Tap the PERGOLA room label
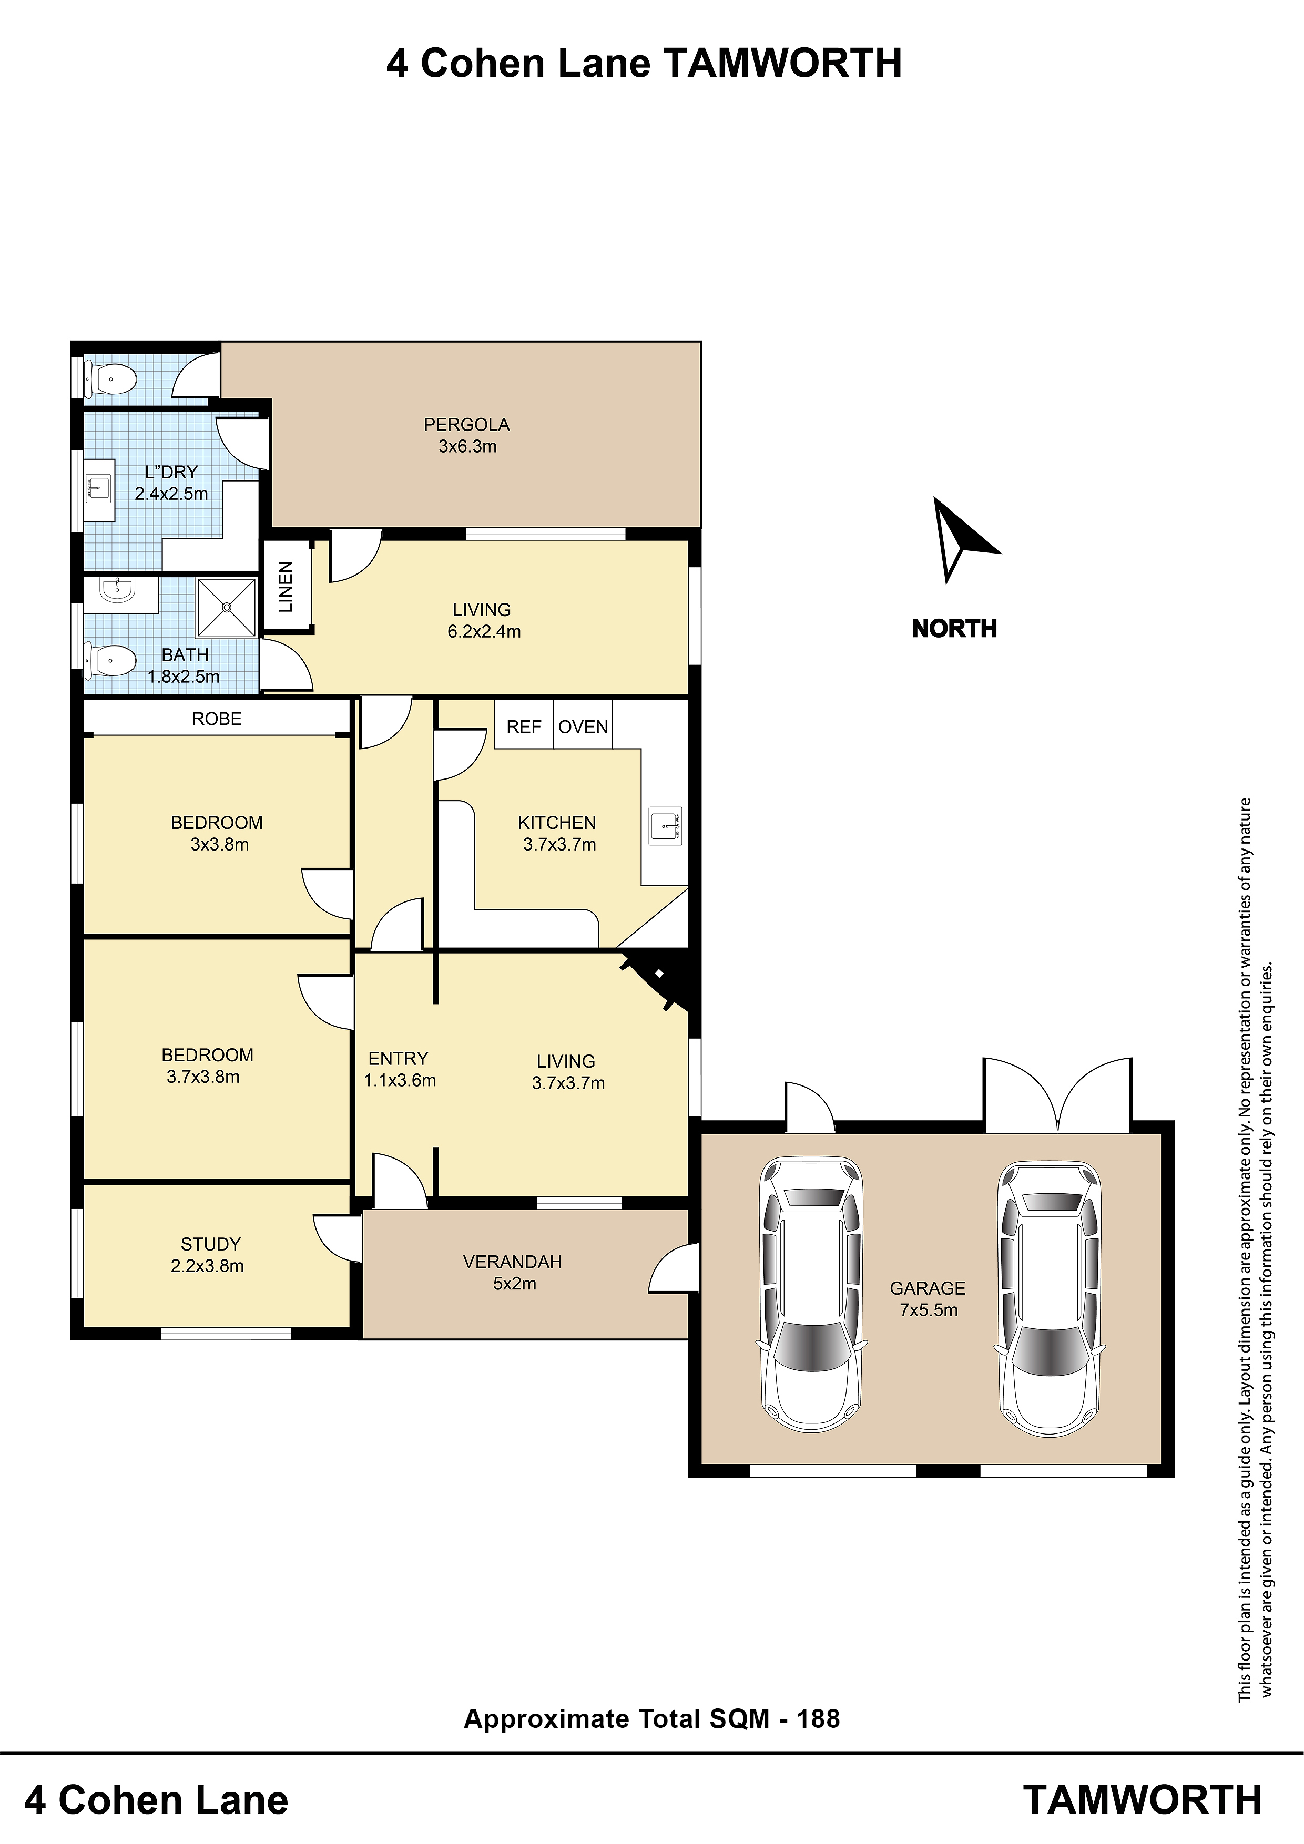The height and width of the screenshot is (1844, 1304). click(x=467, y=425)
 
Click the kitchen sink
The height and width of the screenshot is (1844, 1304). click(x=665, y=826)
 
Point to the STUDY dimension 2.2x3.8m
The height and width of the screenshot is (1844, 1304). click(x=207, y=1266)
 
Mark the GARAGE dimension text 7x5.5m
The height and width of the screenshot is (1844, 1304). click(x=929, y=1310)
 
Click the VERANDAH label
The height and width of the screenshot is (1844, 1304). click(x=513, y=1262)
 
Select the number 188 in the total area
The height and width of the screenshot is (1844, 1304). click(x=818, y=1719)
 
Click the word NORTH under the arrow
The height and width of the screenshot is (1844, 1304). click(x=954, y=628)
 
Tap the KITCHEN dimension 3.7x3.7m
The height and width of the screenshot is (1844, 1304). click(x=560, y=844)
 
